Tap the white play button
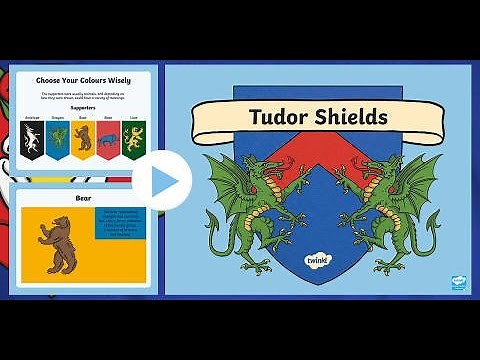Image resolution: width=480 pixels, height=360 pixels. (170, 181)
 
